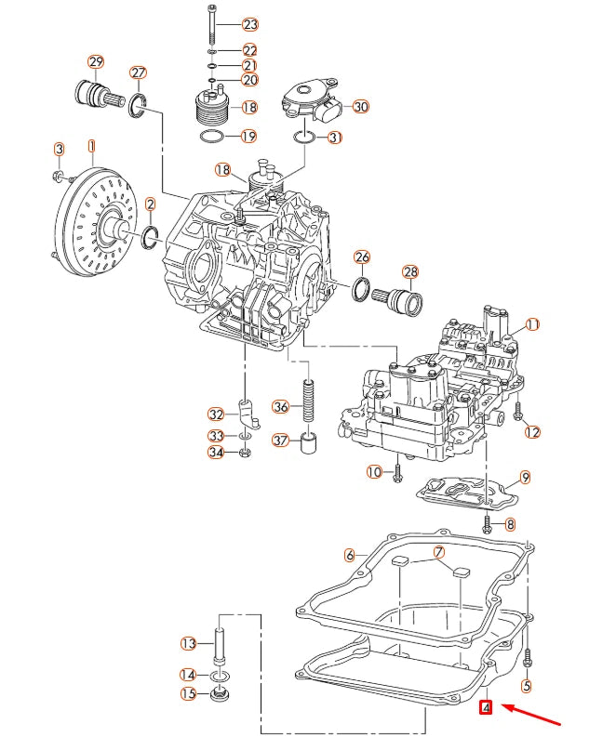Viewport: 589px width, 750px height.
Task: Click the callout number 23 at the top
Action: tap(249, 23)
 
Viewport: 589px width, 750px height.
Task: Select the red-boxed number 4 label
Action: tap(485, 709)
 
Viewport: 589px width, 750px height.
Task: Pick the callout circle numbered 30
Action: tap(360, 107)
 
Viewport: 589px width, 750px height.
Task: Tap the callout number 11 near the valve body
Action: tap(532, 324)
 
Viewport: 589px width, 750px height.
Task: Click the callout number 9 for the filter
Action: tap(525, 478)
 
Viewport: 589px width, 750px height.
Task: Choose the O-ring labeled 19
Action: tap(212, 138)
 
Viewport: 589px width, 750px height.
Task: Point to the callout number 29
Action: tap(96, 63)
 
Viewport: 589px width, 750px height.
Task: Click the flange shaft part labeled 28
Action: tap(404, 303)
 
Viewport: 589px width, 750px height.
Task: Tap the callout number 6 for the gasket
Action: tap(350, 555)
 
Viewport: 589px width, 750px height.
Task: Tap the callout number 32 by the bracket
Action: tap(215, 414)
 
